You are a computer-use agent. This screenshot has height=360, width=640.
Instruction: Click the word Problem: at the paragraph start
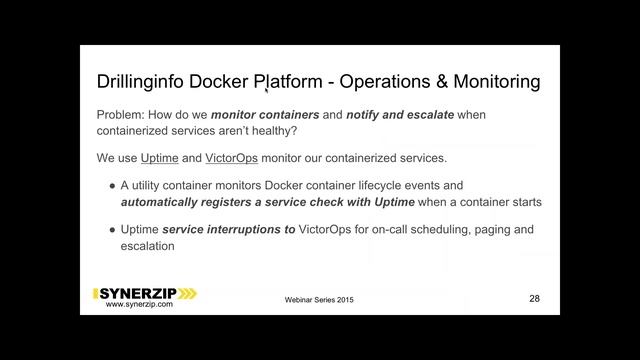pyautogui.click(x=124, y=114)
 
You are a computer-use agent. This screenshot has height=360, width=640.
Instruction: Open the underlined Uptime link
pyautogui.click(x=159, y=158)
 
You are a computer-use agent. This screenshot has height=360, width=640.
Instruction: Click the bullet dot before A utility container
pyautogui.click(x=110, y=185)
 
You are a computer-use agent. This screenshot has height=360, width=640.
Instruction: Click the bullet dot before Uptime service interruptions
pyautogui.click(x=110, y=230)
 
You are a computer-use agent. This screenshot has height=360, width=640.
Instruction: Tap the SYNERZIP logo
pyautogui.click(x=146, y=293)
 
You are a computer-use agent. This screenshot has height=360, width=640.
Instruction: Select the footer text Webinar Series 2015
pyautogui.click(x=319, y=300)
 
